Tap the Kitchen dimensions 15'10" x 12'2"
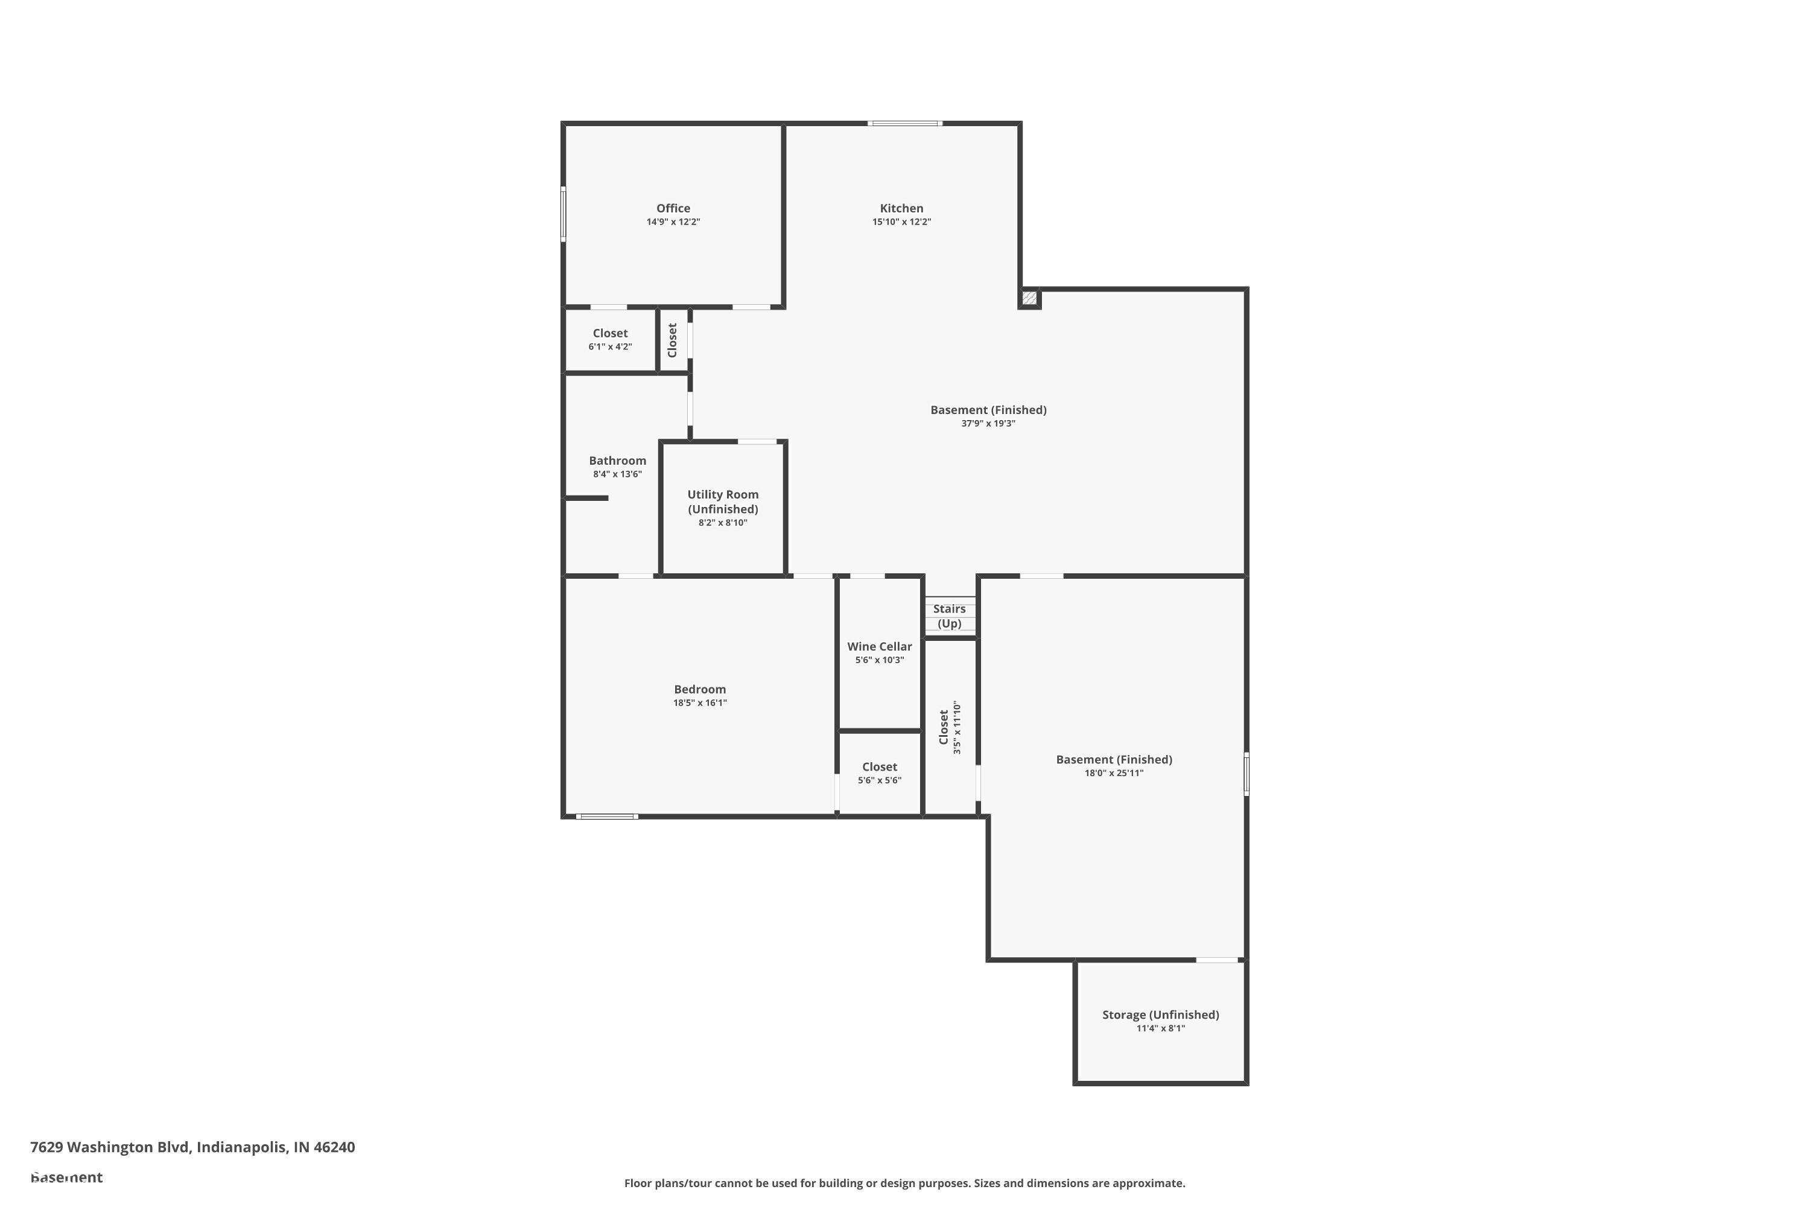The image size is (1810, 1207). (901, 221)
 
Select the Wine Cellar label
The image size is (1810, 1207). (879, 646)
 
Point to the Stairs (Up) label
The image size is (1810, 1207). (949, 616)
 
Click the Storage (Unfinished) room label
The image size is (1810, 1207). (1160, 1014)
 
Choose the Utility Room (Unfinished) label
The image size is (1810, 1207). (723, 502)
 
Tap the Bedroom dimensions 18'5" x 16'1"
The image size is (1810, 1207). (699, 703)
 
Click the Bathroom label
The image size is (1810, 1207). (617, 460)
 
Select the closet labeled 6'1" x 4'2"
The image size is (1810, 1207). (609, 339)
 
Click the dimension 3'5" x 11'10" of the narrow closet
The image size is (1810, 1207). (957, 727)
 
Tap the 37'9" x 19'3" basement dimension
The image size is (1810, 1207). (988, 424)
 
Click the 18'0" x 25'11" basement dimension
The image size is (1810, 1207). (1114, 773)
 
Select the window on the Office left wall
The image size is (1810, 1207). (564, 214)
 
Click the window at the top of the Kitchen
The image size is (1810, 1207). (904, 123)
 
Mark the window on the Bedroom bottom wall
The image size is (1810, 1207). (606, 816)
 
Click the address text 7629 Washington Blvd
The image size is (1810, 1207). (192, 1147)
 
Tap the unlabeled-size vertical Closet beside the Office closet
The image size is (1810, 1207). (672, 339)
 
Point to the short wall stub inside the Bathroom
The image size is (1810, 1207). (586, 498)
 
